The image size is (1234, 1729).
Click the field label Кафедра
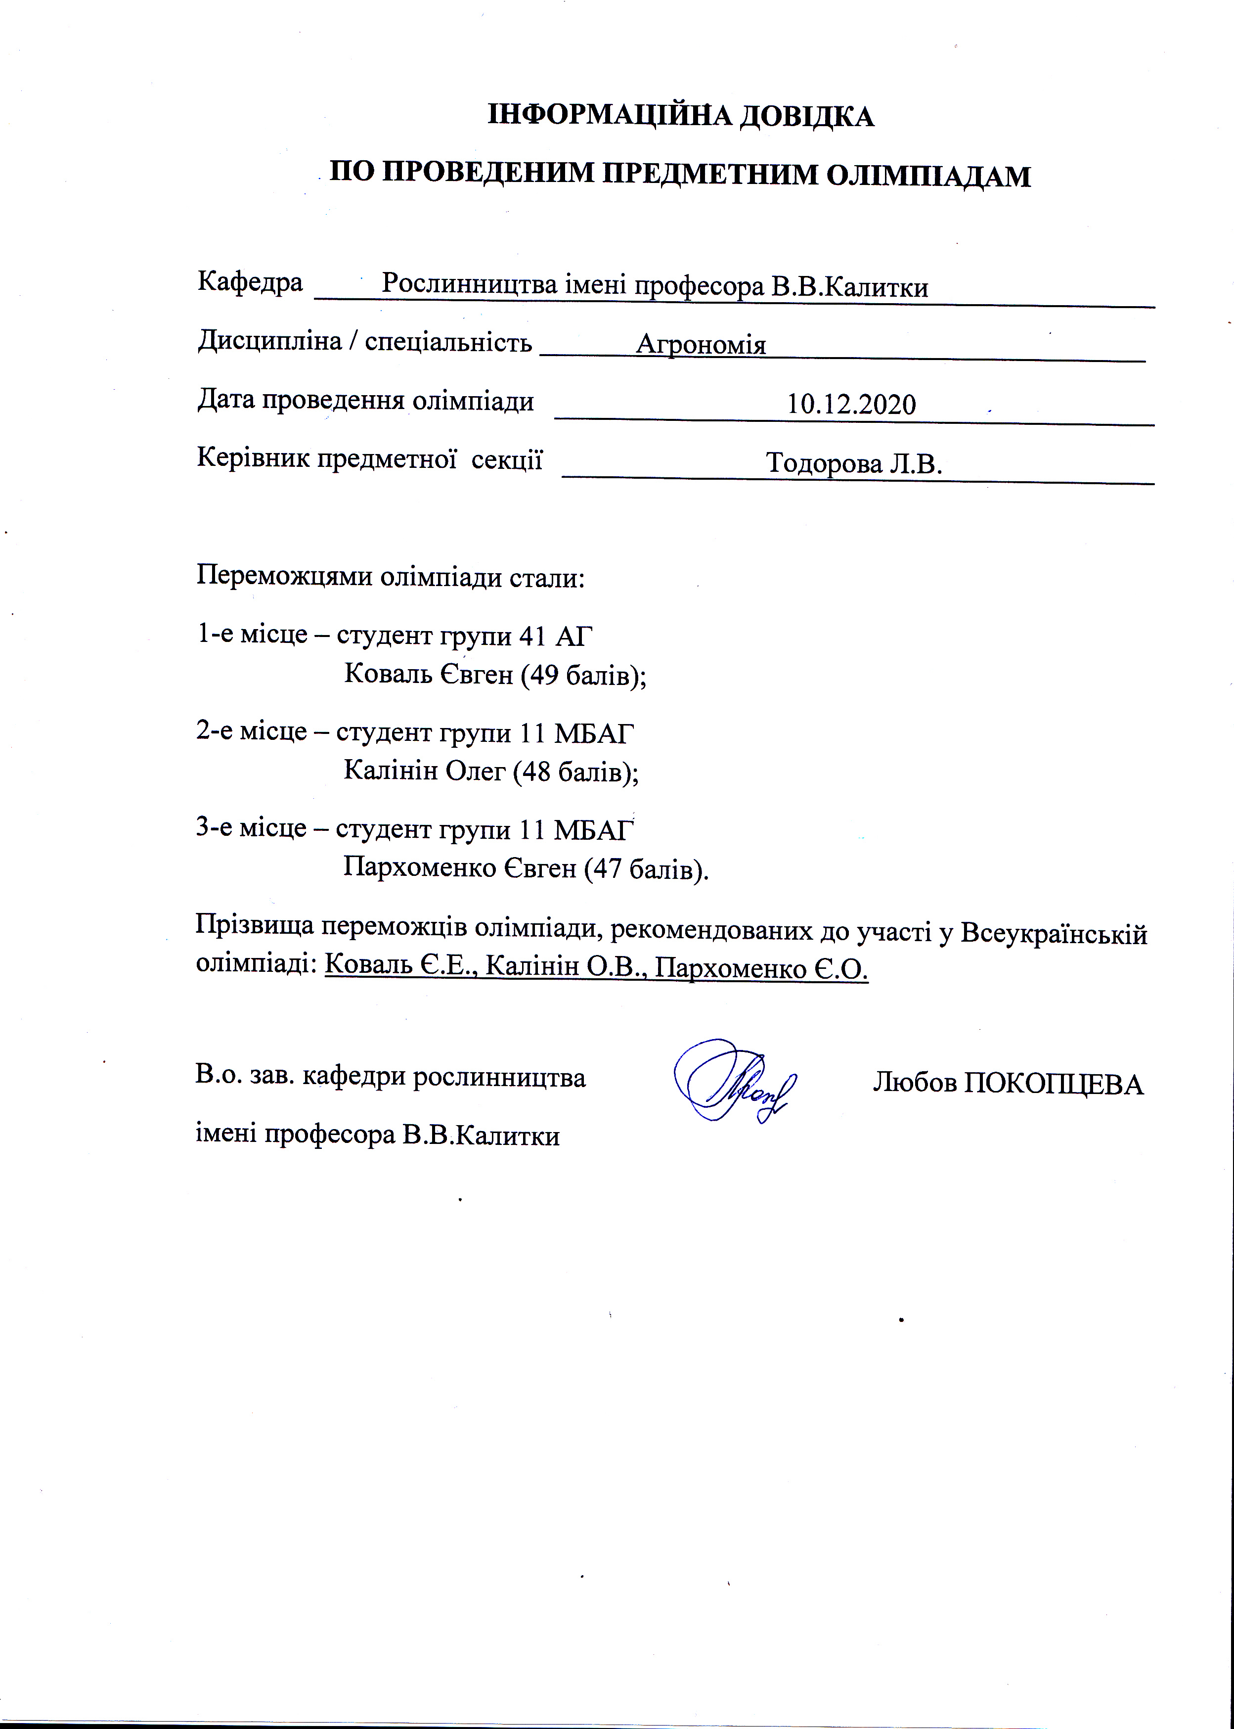coord(250,282)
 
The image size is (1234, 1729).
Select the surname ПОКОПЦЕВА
coord(1054,1084)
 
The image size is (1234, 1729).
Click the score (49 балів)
coord(583,674)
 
